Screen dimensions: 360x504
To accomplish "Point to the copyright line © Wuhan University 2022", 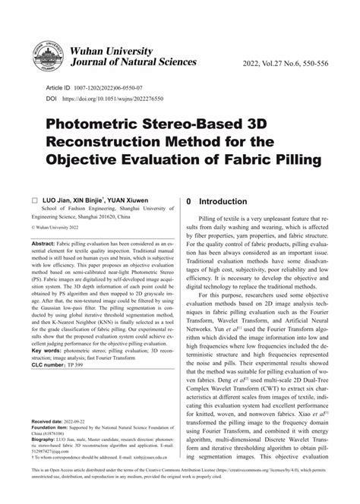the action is point(64,227).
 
